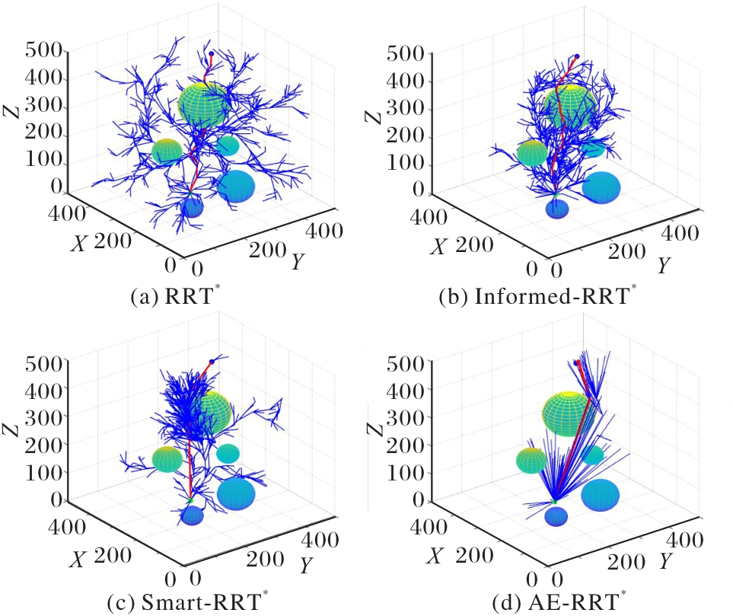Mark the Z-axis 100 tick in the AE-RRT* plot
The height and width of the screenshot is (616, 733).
[x=400, y=474]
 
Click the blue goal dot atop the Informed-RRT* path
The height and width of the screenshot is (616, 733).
[x=577, y=56]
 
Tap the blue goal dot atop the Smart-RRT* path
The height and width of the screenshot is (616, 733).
[x=212, y=360]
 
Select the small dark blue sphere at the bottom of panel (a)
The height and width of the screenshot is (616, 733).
[x=192, y=207]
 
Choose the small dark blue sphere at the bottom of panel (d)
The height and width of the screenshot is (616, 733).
[x=557, y=517]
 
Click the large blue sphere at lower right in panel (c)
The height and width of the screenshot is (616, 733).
[x=236, y=494]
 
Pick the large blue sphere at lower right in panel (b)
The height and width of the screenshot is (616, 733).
[x=601, y=187]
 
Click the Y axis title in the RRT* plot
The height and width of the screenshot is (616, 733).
[x=298, y=261]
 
